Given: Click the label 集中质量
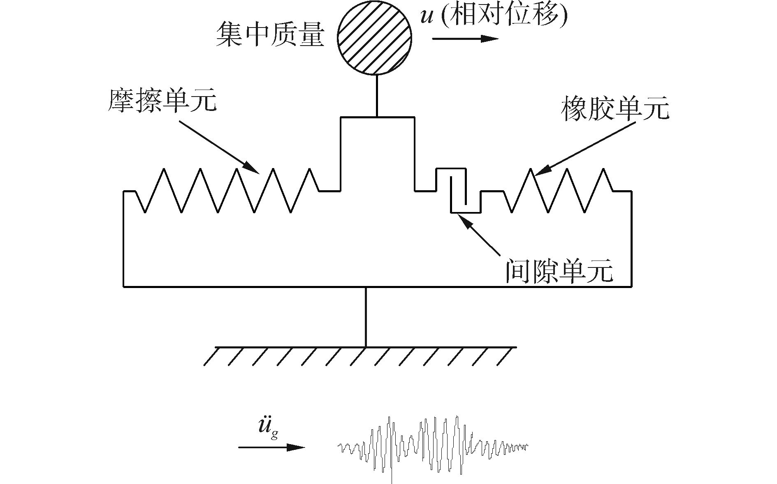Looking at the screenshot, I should (270, 35).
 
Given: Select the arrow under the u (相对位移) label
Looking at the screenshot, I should (465, 39).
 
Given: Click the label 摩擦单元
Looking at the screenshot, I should (162, 100).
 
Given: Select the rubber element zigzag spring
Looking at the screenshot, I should (559, 191).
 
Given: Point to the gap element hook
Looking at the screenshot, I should (459, 191).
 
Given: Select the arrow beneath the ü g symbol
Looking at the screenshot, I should (271, 447).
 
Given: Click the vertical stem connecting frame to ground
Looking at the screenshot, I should (366, 317).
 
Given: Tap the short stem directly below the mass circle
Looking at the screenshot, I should (376, 96).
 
